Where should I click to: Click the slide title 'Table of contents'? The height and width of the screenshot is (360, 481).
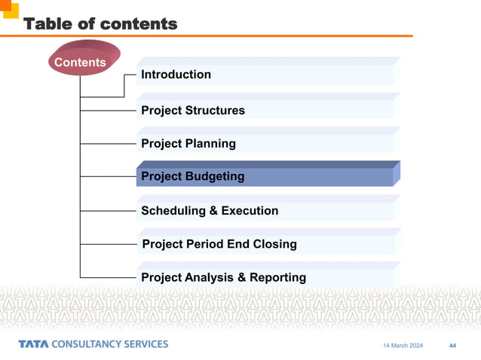[100, 24]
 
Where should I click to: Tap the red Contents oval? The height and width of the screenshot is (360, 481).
[80, 62]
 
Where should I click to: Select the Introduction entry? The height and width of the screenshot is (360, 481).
[176, 75]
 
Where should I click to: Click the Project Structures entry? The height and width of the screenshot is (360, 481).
[192, 111]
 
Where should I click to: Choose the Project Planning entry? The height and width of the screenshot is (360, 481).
[188, 144]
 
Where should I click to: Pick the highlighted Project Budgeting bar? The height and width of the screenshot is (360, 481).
[264, 176]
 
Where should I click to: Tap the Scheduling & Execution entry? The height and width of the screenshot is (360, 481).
[209, 211]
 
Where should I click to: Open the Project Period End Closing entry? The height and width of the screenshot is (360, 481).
[219, 244]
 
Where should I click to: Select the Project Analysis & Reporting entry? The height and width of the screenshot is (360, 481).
[223, 277]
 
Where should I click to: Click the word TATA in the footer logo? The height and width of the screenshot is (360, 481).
[33, 344]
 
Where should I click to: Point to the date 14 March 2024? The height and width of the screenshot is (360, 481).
[403, 346]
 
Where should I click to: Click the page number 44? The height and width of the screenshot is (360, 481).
[452, 346]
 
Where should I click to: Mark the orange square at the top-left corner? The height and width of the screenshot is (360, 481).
[9, 8]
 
